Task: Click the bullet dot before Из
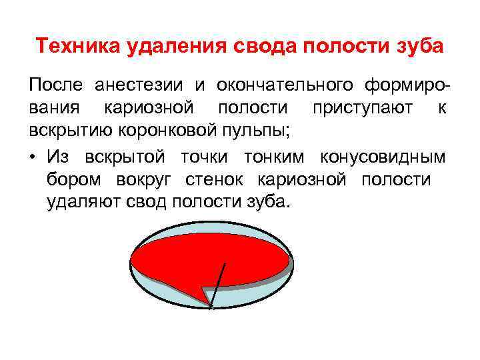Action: pos(33,157)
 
